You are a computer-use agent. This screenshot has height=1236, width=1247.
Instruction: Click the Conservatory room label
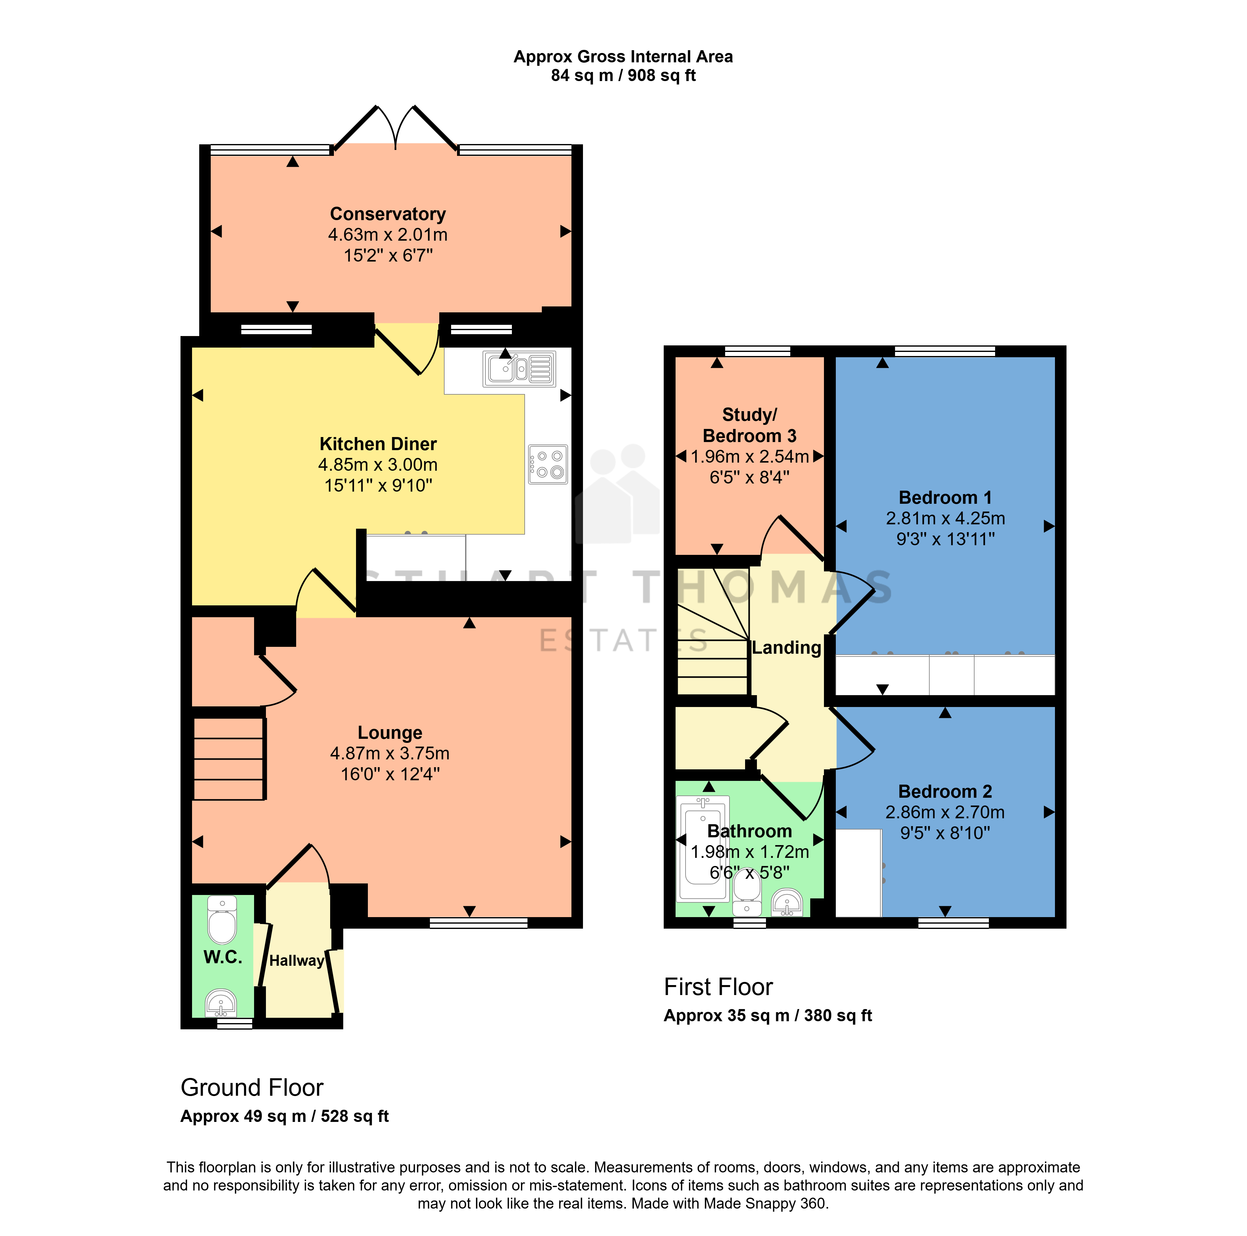(388, 214)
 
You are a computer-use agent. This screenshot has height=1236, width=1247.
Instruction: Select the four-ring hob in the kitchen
(548, 464)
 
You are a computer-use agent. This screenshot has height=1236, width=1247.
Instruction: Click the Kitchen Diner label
(378, 444)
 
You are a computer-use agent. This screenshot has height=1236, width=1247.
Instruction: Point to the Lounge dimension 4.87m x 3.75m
(390, 753)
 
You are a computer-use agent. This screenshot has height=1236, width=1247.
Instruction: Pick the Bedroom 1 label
(945, 498)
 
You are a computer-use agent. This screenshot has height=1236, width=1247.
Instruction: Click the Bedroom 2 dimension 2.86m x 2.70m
(945, 812)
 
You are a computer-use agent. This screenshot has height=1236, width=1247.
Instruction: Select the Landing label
(786, 648)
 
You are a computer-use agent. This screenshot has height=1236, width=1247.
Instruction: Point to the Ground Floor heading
(252, 1088)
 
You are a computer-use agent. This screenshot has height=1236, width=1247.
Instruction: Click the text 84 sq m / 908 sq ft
(623, 75)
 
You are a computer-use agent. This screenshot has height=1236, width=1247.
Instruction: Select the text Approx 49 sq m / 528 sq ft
(285, 1117)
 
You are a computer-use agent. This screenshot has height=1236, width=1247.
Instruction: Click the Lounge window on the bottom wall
(478, 923)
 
